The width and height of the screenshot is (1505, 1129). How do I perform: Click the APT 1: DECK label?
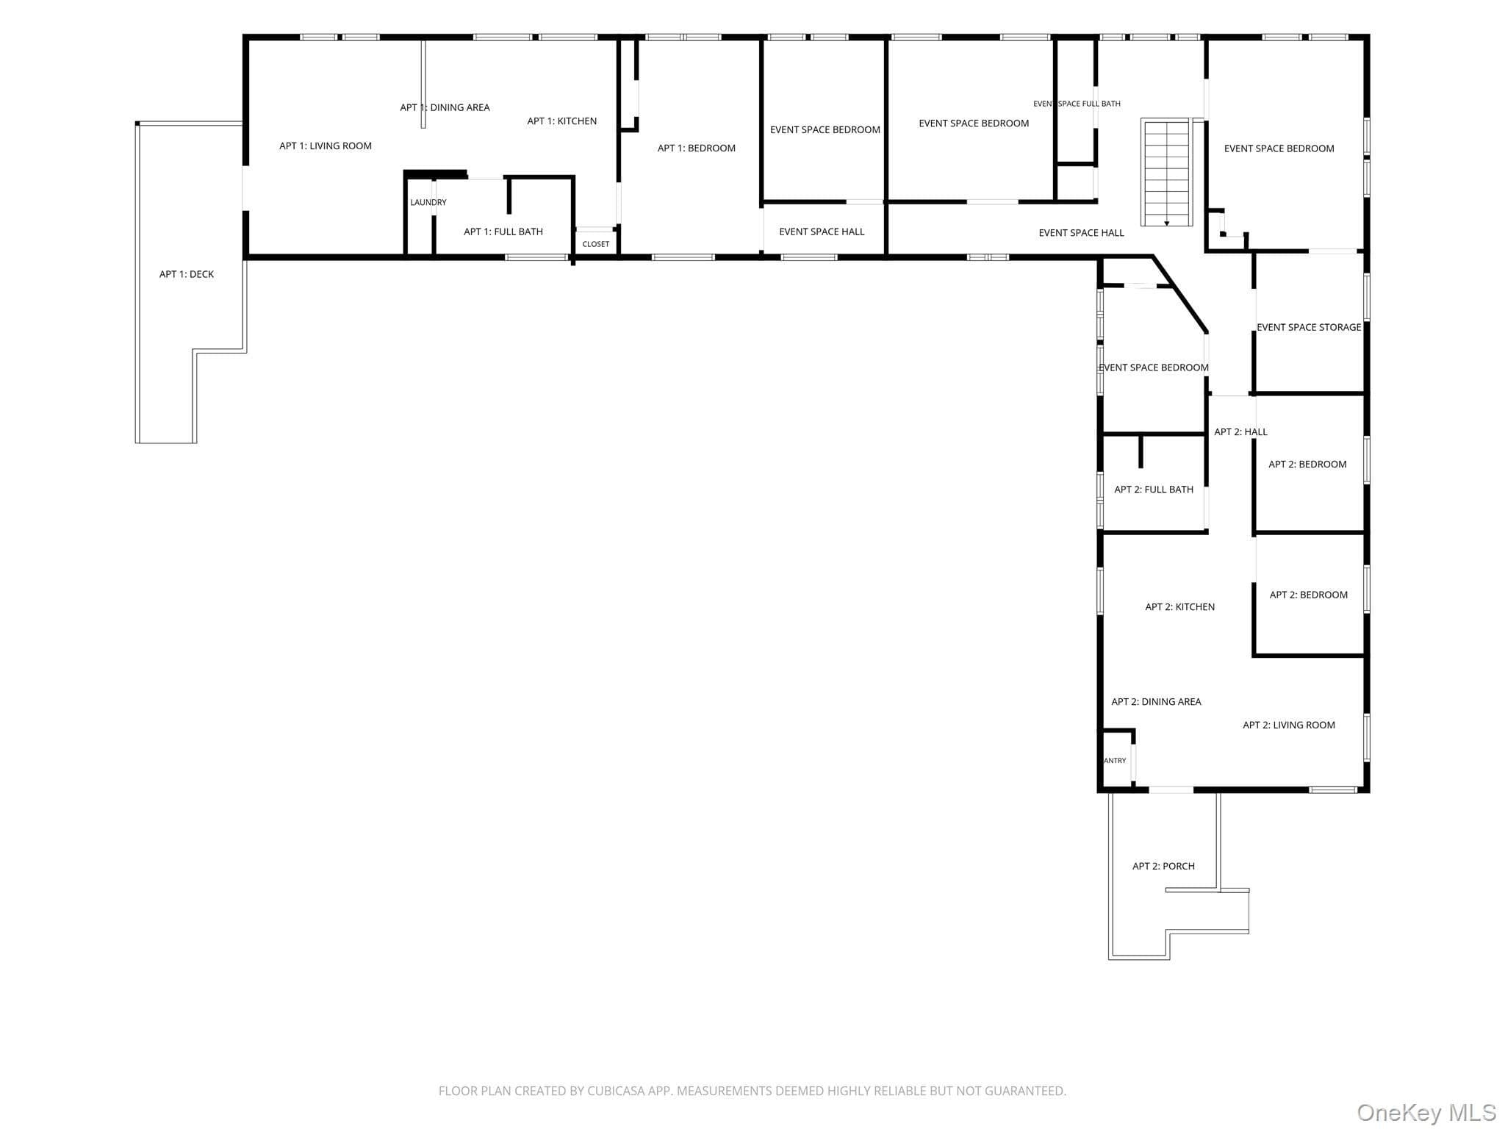pos(187,274)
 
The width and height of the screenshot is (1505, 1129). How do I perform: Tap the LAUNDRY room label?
pos(428,202)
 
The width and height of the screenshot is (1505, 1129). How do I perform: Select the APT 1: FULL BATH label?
pos(503,232)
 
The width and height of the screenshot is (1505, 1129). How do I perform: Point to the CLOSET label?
pos(596,244)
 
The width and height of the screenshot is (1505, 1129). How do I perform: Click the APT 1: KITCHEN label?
pos(562,121)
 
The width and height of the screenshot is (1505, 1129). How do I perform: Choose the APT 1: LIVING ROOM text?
pos(326,146)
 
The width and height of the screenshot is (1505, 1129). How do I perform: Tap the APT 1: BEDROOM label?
pos(697,148)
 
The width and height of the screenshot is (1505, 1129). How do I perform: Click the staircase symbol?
pos(1166,173)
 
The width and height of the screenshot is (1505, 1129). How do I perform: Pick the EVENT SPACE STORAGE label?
pos(1309,327)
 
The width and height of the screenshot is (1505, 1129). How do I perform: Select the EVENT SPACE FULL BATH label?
pos(1077,104)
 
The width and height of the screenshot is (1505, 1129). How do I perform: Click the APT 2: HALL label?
pos(1241,431)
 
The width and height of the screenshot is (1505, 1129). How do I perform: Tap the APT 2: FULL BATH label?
pos(1154,490)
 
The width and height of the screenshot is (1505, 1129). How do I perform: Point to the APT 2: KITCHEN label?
pos(1180,607)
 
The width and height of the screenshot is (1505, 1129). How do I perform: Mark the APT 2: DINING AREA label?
pos(1157,702)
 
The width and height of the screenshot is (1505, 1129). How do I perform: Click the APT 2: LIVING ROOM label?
pos(1289,725)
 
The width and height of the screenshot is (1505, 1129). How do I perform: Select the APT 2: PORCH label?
pos(1164,867)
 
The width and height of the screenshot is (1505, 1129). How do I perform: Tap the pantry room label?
pos(1116,761)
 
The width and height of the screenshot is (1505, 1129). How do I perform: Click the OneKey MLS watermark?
pos(1426,1112)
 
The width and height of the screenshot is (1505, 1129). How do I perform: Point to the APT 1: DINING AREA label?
pos(445,107)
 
